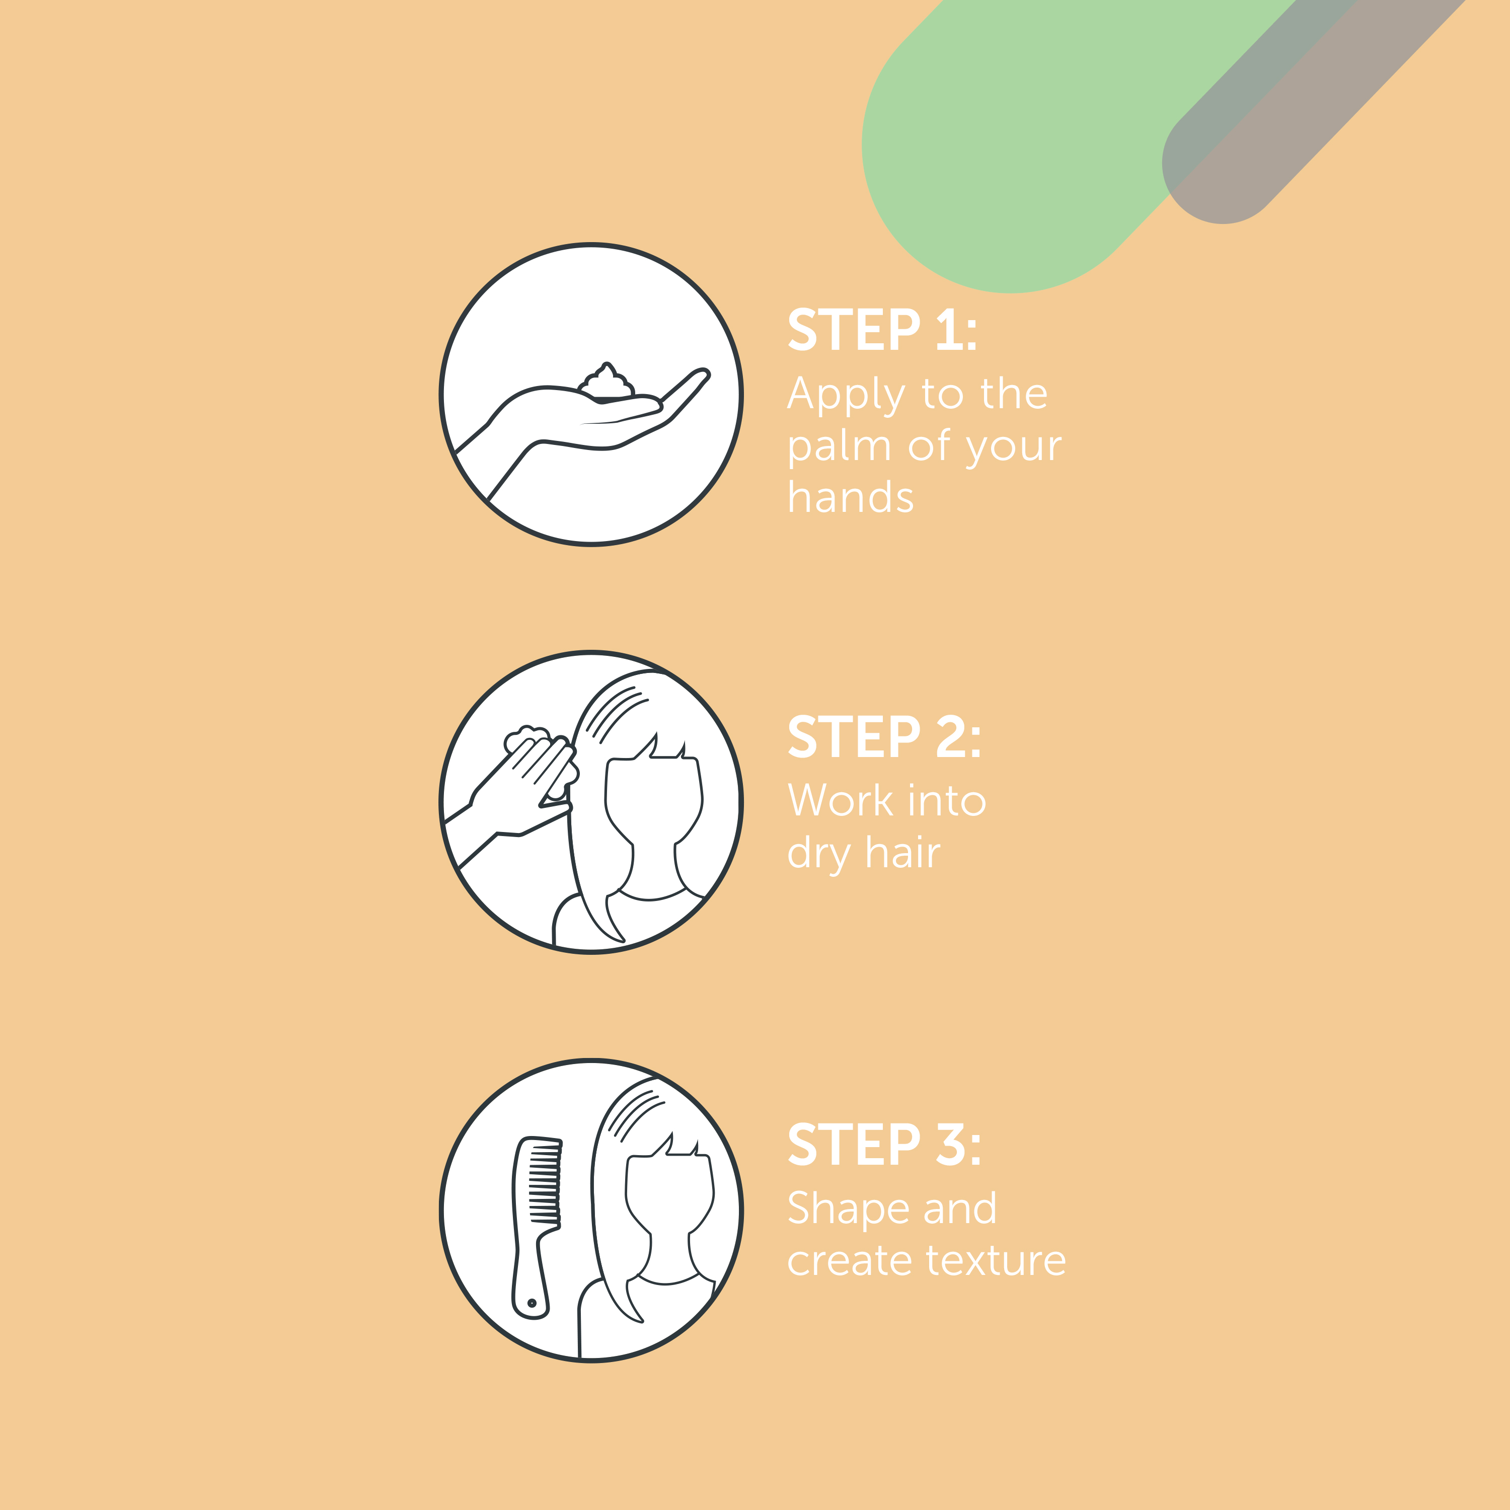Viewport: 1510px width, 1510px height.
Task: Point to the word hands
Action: [x=850, y=497]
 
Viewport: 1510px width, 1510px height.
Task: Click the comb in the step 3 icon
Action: [x=536, y=1227]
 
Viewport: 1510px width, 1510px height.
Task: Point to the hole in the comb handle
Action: [x=532, y=1303]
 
